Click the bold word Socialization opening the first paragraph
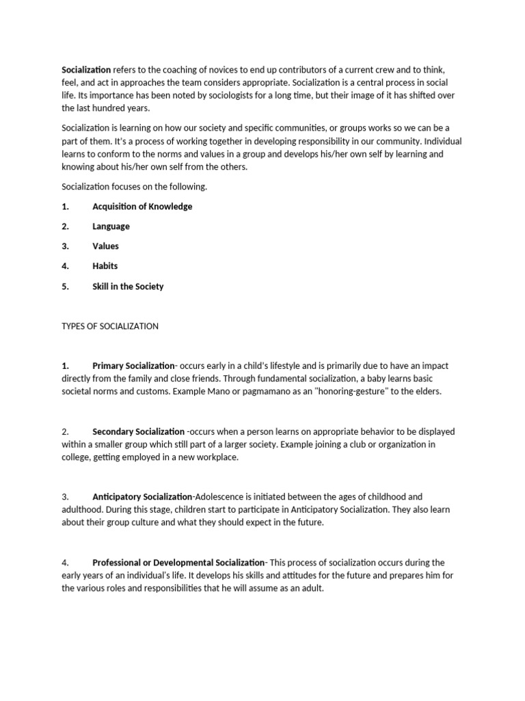point(86,70)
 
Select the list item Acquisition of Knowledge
point(142,207)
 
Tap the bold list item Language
point(111,227)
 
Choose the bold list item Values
point(105,246)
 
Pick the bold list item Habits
point(105,266)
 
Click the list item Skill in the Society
point(128,287)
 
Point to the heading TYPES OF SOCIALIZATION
point(110,327)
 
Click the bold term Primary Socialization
point(133,366)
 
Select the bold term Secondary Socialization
point(138,432)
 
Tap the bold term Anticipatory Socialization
point(142,497)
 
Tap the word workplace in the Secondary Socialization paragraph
point(217,457)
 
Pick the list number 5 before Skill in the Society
point(65,287)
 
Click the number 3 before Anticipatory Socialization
point(65,497)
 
